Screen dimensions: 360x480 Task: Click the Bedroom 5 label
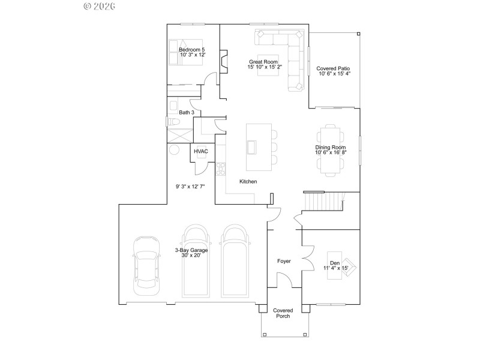pyautogui.click(x=192, y=49)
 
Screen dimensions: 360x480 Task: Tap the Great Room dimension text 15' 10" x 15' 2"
pyautogui.click(x=265, y=67)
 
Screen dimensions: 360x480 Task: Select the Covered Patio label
pyautogui.click(x=334, y=68)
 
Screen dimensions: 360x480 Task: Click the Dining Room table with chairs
pyautogui.click(x=331, y=149)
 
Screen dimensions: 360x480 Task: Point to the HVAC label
pyautogui.click(x=200, y=152)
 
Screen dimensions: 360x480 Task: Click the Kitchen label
pyautogui.click(x=248, y=181)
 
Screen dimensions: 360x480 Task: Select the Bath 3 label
pyautogui.click(x=187, y=112)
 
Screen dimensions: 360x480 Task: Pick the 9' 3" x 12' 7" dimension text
pyautogui.click(x=190, y=187)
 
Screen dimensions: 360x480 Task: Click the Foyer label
pyautogui.click(x=284, y=261)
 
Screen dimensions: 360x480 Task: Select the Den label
pyautogui.click(x=335, y=263)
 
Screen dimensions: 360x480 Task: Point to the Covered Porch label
pyautogui.click(x=283, y=314)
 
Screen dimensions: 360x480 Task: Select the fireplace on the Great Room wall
pyautogui.click(x=223, y=61)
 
